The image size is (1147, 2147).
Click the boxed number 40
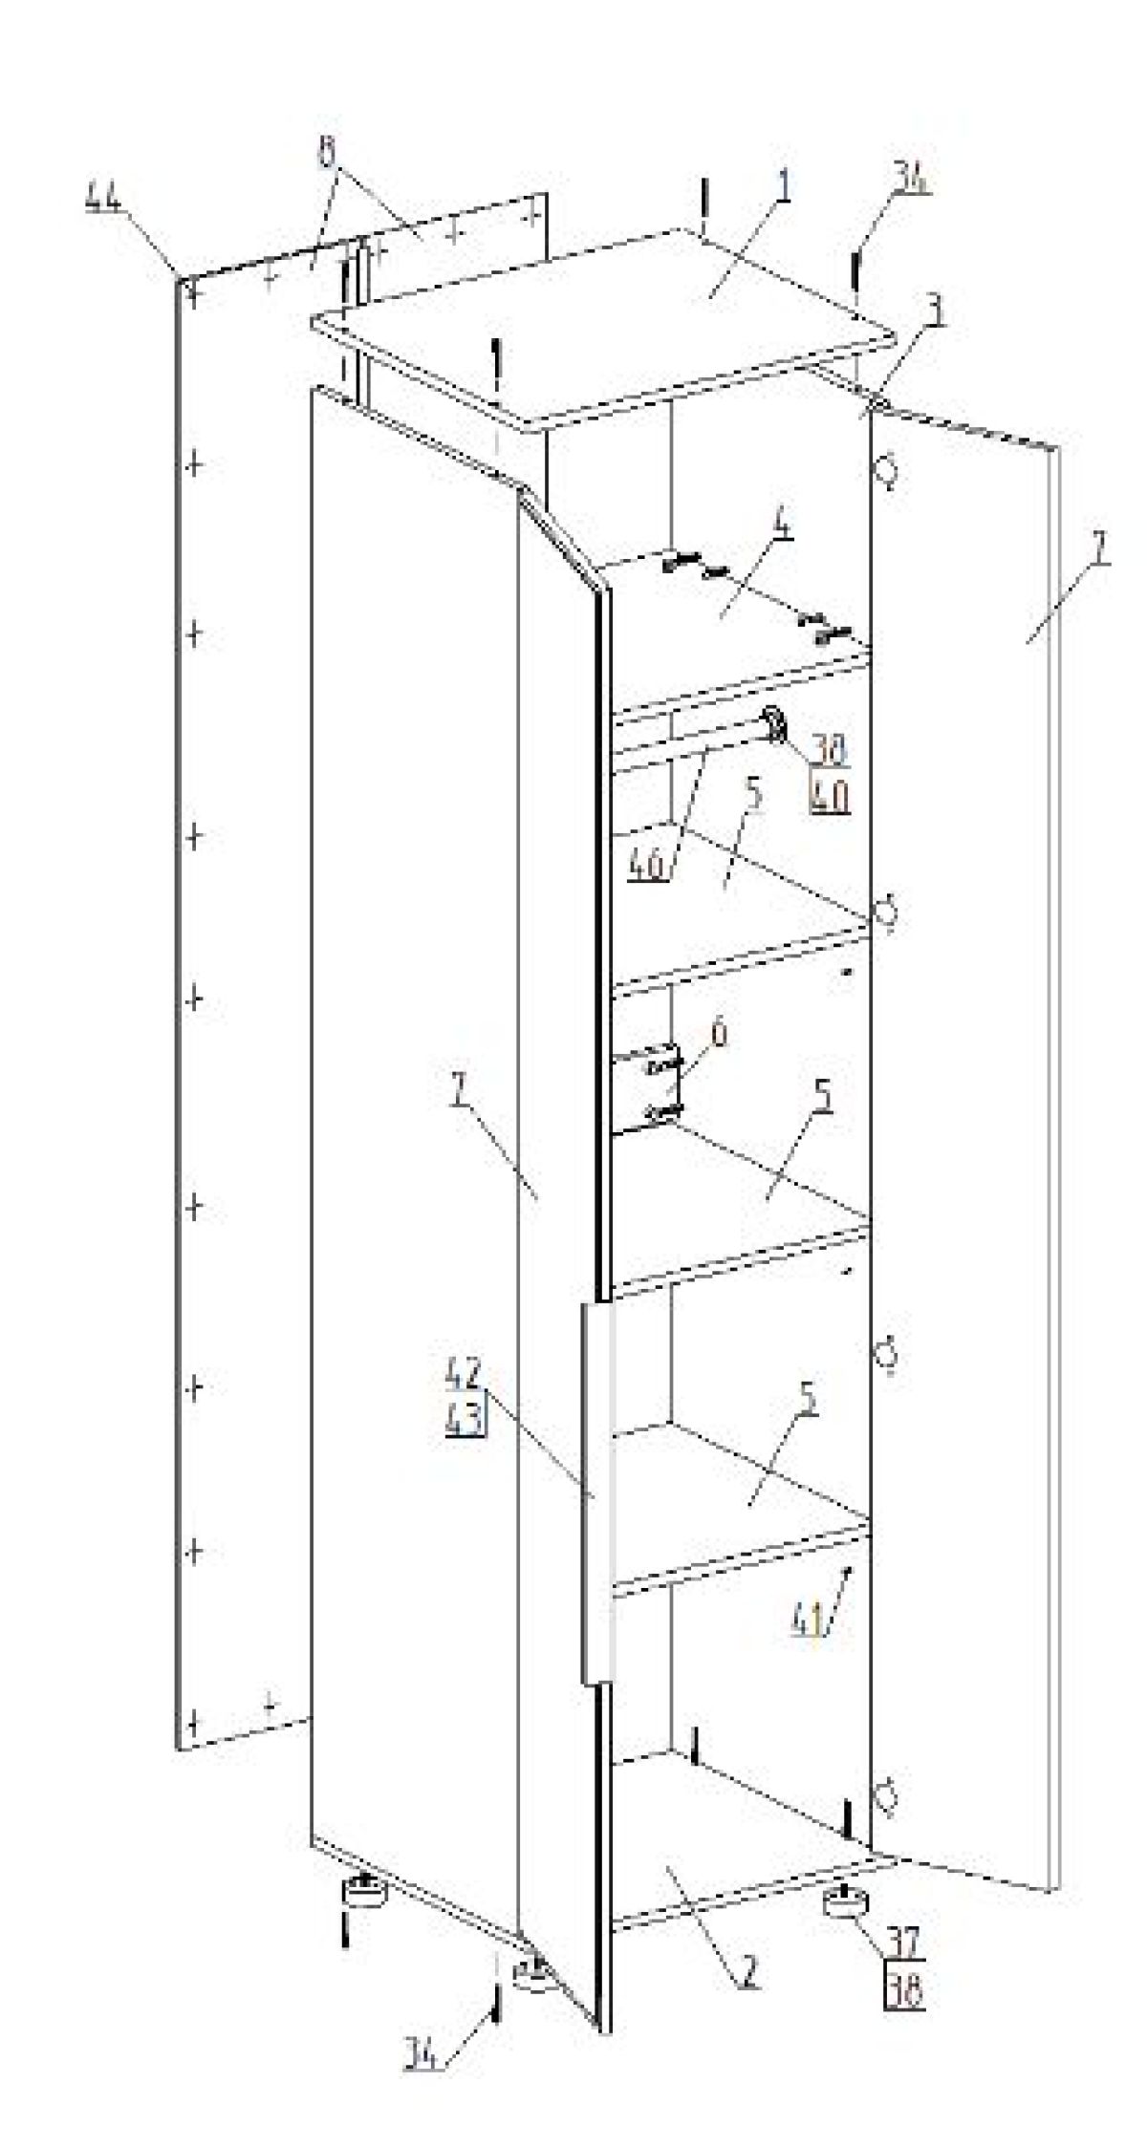[830, 796]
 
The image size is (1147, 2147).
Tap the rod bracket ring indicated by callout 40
[774, 727]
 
